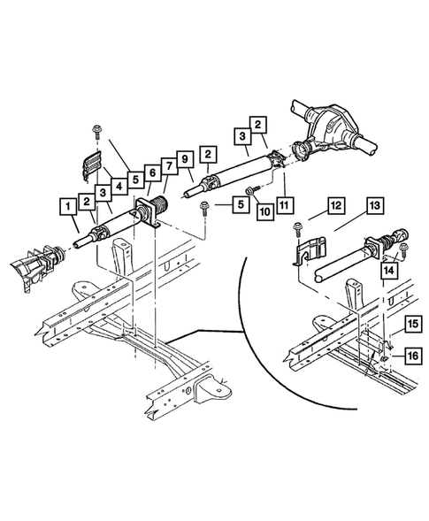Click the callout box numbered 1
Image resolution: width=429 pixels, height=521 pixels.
[68, 207]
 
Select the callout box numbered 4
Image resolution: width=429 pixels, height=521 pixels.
[119, 187]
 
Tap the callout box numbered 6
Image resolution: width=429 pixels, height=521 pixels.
[152, 172]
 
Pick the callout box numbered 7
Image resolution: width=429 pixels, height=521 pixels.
[169, 165]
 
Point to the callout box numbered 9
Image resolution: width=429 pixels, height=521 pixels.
[185, 159]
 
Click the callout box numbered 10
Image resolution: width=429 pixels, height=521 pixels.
[264, 211]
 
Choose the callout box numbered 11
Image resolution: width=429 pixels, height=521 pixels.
[284, 205]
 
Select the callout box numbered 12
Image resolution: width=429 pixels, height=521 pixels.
[335, 205]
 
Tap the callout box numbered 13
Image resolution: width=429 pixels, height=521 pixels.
[374, 205]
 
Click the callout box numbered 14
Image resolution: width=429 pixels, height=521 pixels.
[389, 270]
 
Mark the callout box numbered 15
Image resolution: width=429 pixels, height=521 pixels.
[413, 324]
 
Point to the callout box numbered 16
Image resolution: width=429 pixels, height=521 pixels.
[413, 356]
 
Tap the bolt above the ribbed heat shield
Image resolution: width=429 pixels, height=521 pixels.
[97, 131]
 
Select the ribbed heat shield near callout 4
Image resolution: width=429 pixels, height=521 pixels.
[91, 165]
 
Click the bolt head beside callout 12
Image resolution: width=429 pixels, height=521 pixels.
[296, 229]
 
